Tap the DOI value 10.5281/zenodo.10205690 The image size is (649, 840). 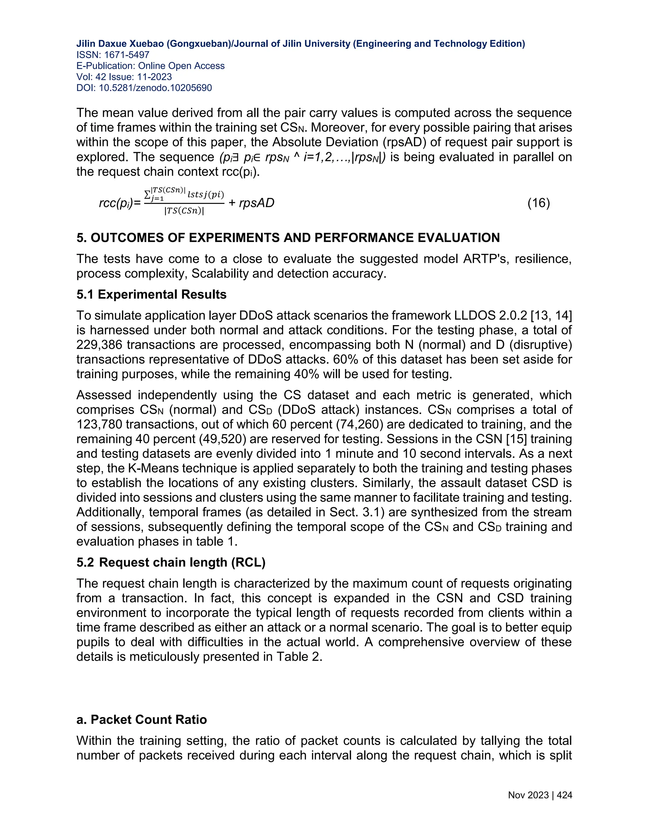(x=155, y=88)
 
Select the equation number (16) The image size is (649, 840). (x=538, y=203)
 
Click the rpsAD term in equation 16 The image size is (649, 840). (x=256, y=203)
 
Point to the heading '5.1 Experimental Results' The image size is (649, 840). (x=151, y=294)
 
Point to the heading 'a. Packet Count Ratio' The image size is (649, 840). (x=141, y=720)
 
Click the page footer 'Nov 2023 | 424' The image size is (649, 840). (x=540, y=795)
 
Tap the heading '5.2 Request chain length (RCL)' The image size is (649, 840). (x=171, y=562)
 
